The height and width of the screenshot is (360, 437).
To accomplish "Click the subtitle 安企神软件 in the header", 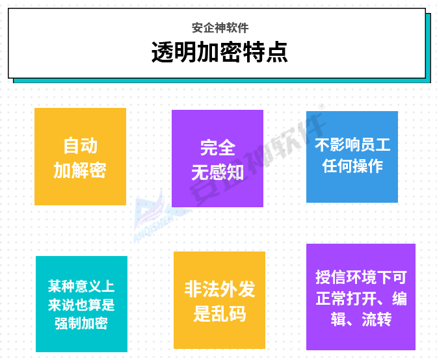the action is click(x=220, y=28).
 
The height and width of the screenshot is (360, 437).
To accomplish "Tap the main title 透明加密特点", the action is click(x=219, y=52).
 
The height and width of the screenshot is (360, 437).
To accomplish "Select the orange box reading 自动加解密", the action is click(x=80, y=157).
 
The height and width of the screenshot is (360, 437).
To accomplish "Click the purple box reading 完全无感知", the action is click(x=217, y=159).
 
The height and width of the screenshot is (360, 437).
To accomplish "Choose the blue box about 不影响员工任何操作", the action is click(x=352, y=157).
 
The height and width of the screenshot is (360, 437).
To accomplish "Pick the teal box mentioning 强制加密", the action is click(x=82, y=304).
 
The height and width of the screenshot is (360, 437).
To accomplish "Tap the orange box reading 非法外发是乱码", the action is click(x=219, y=300).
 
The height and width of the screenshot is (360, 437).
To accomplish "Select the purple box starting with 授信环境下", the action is click(x=361, y=297).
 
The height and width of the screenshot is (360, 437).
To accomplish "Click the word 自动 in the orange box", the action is click(x=80, y=146).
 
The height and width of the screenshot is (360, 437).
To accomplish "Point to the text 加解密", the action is click(x=80, y=170).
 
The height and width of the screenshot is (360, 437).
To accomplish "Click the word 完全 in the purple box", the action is click(x=218, y=148).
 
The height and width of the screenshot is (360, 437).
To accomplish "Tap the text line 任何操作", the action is click(x=352, y=166).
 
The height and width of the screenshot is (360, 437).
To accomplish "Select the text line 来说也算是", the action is click(x=81, y=305).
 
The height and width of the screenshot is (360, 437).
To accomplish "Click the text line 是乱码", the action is click(x=220, y=314).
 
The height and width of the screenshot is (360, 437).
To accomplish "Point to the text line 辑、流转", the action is click(x=361, y=319).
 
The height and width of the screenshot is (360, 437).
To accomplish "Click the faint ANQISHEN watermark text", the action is click(x=153, y=229).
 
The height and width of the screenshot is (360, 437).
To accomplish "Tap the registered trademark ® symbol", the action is click(x=322, y=107).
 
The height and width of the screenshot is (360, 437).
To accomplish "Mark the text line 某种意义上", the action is click(x=81, y=286).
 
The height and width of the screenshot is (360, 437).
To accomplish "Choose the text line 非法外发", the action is click(x=220, y=289).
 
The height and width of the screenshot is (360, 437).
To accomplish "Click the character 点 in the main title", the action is click(x=277, y=52).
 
